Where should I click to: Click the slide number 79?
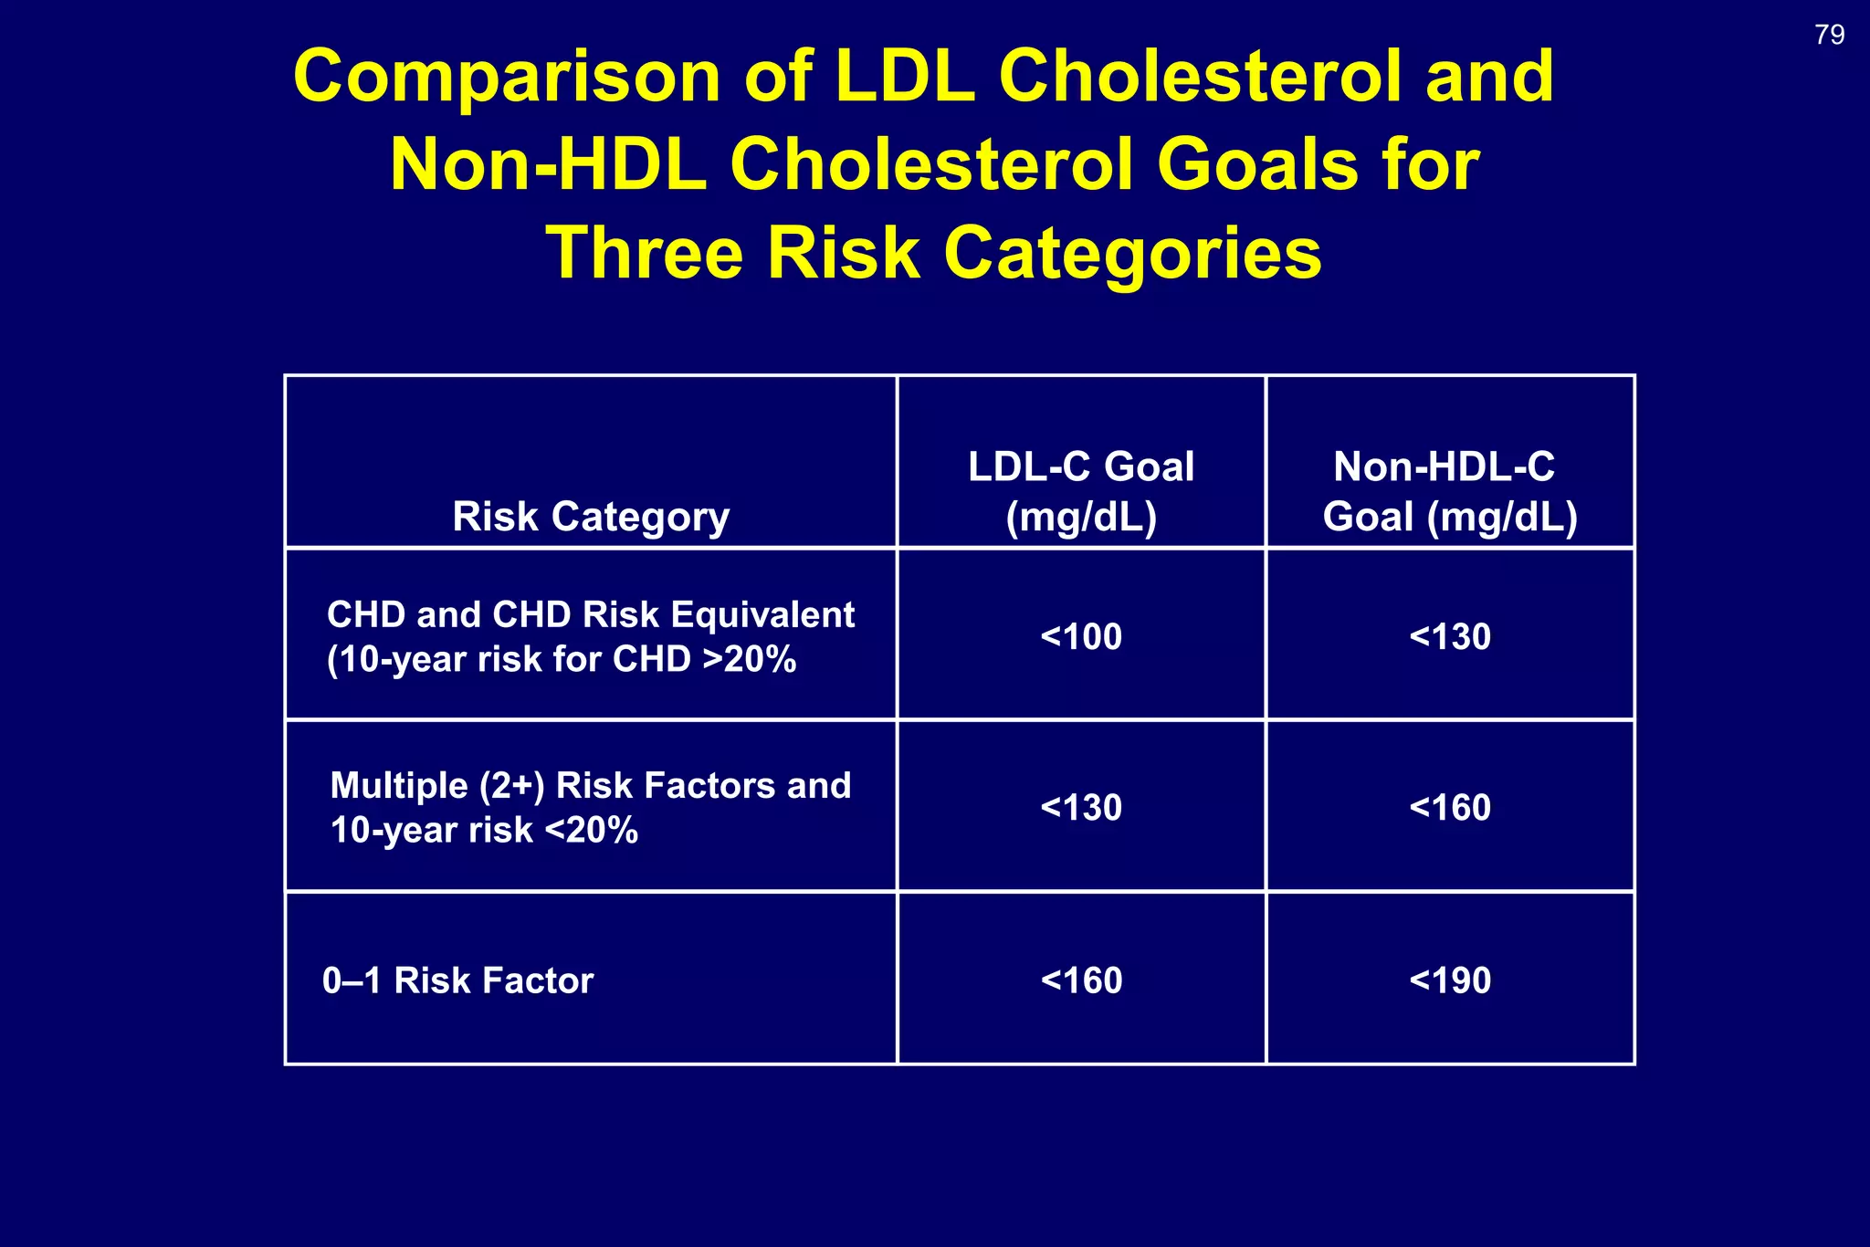[1829, 35]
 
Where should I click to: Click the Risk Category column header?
[591, 517]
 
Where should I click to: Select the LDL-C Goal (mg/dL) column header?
[1081, 491]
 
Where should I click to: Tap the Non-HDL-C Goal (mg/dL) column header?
[1449, 491]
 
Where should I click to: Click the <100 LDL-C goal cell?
[1081, 636]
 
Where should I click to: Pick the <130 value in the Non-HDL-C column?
[1449, 636]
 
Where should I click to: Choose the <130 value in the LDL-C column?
[1081, 807]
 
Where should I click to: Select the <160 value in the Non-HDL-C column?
[1449, 807]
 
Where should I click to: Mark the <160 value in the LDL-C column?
[1081, 980]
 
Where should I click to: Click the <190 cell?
[1449, 980]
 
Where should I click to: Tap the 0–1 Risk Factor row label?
[457, 980]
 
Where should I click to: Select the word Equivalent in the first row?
[762, 615]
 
